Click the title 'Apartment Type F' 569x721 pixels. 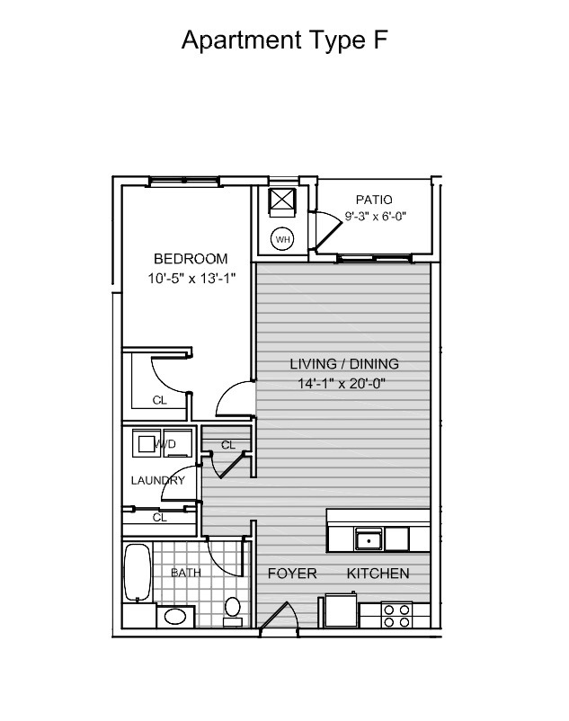click(284, 40)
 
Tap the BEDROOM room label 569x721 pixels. click(191, 259)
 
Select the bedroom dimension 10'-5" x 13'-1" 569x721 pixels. click(191, 278)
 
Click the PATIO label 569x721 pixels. click(374, 200)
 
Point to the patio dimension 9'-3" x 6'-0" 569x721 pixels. click(376, 216)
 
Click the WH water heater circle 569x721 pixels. click(282, 239)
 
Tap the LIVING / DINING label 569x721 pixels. click(344, 364)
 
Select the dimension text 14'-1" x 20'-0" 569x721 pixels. click(342, 383)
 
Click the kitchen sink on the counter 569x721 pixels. click(369, 539)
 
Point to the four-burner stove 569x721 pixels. click(396, 616)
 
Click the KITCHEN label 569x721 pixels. click(378, 574)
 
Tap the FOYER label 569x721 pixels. click(292, 574)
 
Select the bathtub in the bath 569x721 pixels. click(137, 573)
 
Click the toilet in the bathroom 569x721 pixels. click(233, 611)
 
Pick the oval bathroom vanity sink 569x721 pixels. click(175, 617)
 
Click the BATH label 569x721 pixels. click(186, 573)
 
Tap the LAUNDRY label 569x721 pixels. click(157, 480)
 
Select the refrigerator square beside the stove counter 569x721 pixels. click(341, 610)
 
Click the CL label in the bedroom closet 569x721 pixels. click(159, 400)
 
